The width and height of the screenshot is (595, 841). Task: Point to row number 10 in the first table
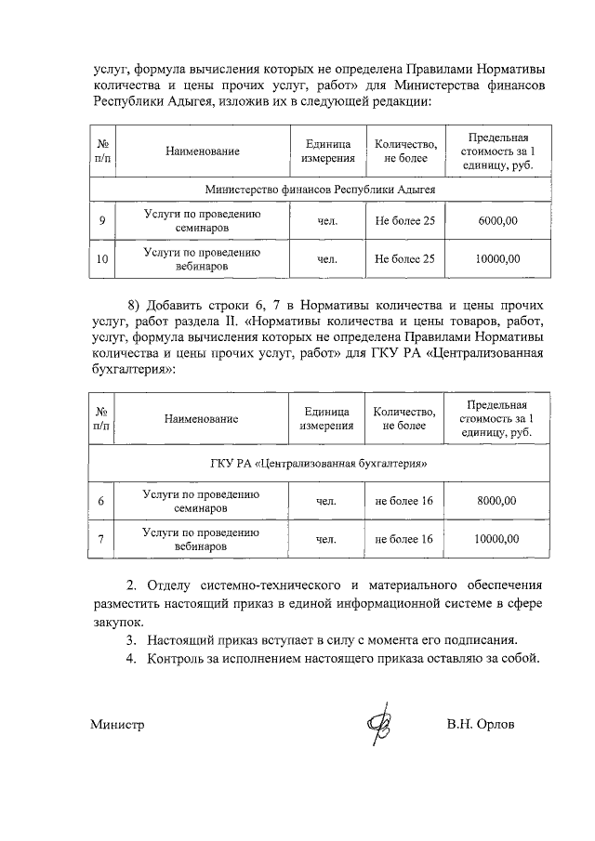(101, 259)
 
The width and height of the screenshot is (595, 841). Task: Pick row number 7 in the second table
(101, 539)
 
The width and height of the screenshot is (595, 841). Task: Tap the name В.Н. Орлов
(480, 724)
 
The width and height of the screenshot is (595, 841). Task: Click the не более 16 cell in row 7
(404, 539)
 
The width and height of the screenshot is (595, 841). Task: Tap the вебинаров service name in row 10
(202, 266)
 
